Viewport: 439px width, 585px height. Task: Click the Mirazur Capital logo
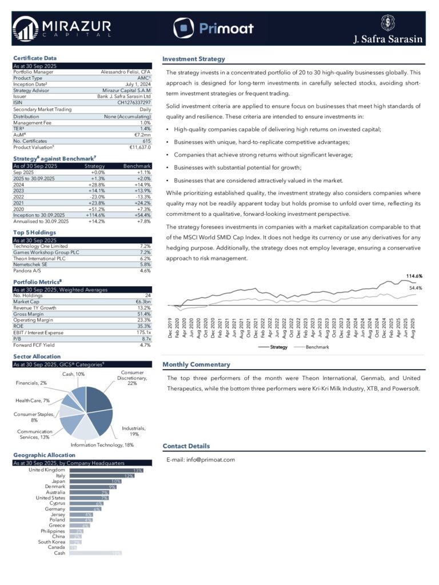[62, 27]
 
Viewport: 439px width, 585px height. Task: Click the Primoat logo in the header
[213, 27]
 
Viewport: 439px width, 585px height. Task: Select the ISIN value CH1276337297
[134, 103]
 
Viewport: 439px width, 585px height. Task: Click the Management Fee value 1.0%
[145, 123]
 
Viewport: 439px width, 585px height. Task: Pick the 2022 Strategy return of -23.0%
[97, 197]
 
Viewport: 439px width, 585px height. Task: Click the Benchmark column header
[137, 166]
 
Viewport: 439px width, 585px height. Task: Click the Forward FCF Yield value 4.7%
[145, 344]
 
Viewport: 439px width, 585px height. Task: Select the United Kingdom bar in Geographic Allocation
[106, 470]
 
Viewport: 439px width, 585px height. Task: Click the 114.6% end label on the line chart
[414, 277]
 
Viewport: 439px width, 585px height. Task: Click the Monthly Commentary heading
[197, 364]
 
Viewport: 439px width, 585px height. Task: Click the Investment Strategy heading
[194, 59]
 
